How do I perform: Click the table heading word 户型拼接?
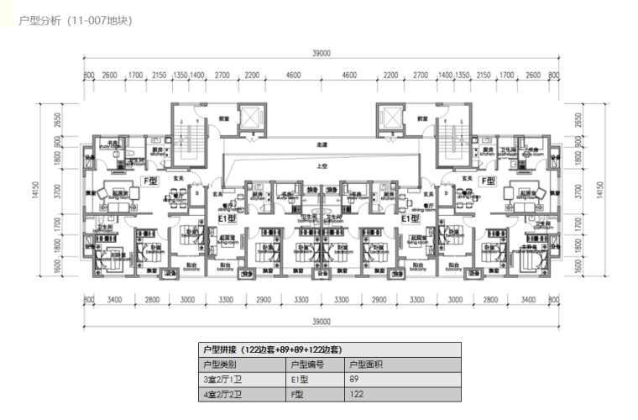pyautogui.click(x=221, y=349)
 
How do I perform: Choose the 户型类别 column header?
pyautogui.click(x=220, y=365)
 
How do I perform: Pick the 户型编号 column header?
pyautogui.click(x=306, y=365)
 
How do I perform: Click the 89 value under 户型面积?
pyautogui.click(x=354, y=379)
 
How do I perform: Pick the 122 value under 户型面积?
pyautogui.click(x=356, y=393)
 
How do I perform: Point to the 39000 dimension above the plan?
pyautogui.click(x=321, y=53)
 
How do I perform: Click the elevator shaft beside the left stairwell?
pyautogui.click(x=250, y=118)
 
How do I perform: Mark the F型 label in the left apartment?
pyautogui.click(x=151, y=180)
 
